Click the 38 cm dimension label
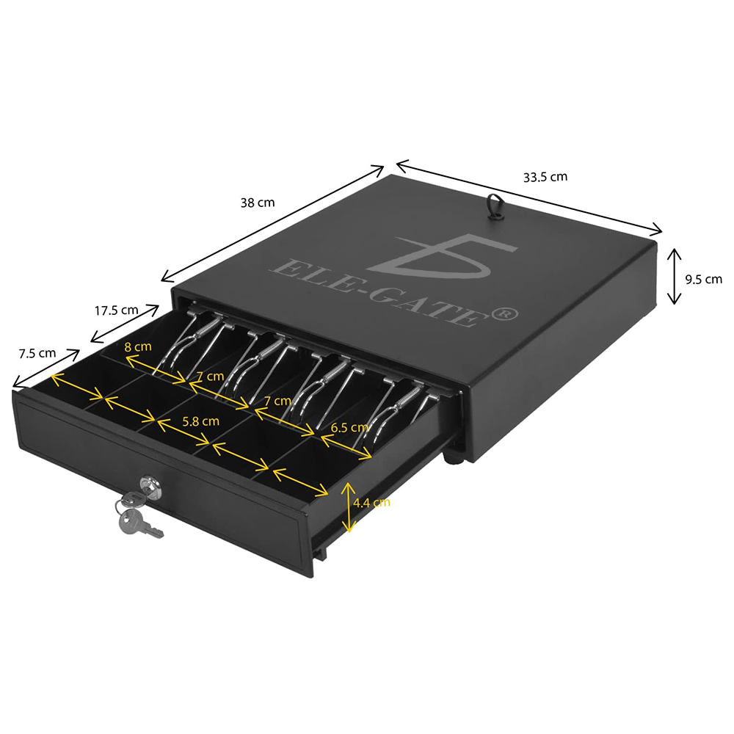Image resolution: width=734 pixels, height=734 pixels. pyautogui.click(x=258, y=203)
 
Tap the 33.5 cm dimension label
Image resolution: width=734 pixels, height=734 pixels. pyautogui.click(x=545, y=177)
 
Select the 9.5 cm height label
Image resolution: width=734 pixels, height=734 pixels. pyautogui.click(x=704, y=280)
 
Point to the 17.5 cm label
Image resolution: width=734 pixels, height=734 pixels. pyautogui.click(x=117, y=310)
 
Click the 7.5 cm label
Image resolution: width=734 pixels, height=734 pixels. pyautogui.click(x=37, y=354)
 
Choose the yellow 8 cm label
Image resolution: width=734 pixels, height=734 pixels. pyautogui.click(x=138, y=347)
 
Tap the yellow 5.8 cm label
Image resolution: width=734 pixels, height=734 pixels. pyautogui.click(x=201, y=421)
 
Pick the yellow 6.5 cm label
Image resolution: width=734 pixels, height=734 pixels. pyautogui.click(x=349, y=427)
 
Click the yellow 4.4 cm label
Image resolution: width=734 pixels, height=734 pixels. pyautogui.click(x=371, y=503)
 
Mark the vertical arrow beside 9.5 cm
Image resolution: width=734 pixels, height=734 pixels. pyautogui.click(x=674, y=276)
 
